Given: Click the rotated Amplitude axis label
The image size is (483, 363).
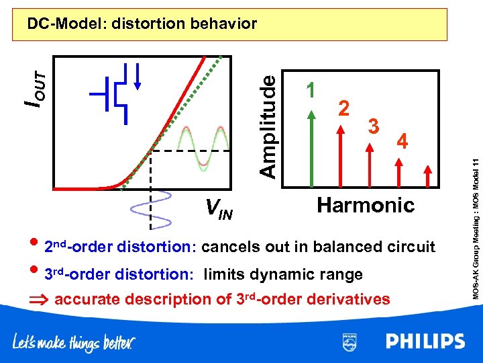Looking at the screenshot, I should (268, 125).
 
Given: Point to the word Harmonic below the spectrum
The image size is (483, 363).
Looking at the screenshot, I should (366, 204).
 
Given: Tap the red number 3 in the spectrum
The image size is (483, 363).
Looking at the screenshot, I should (375, 125).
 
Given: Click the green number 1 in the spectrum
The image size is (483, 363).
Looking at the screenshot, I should (310, 89).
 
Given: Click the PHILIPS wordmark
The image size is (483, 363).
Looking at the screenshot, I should (425, 342).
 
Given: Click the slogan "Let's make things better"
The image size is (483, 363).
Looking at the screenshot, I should (74, 343).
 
